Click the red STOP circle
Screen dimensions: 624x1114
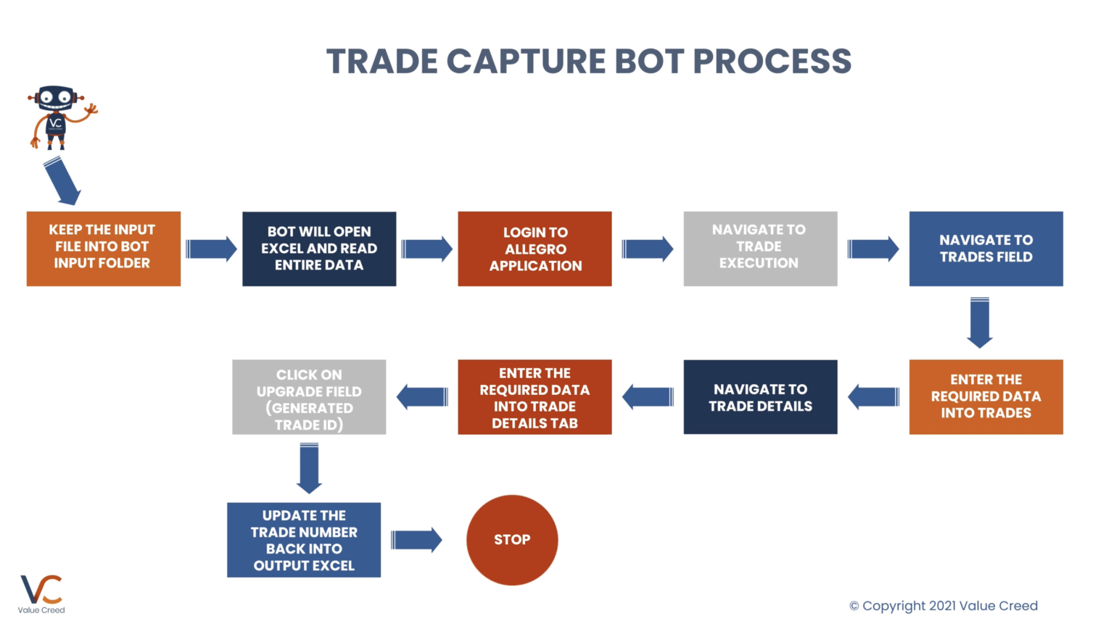click(512, 540)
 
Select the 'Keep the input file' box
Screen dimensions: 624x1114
click(103, 249)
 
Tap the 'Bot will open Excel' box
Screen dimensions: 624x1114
click(319, 249)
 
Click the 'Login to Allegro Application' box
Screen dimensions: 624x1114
click(535, 249)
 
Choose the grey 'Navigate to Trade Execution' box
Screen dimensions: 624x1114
click(760, 249)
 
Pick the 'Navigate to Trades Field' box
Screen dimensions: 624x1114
click(986, 249)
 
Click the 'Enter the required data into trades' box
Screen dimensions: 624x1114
click(986, 396)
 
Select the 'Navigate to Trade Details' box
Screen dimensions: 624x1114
click(760, 396)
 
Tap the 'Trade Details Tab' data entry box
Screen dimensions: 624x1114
click(535, 396)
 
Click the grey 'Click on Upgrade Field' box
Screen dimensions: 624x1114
click(309, 396)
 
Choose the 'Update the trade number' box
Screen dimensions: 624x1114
click(304, 540)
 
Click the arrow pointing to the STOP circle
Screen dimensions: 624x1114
click(416, 540)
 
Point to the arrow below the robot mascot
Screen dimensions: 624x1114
click(62, 180)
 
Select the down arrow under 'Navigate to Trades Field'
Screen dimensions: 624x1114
click(980, 322)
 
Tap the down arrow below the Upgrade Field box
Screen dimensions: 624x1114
click(309, 467)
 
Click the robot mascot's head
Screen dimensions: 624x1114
click(56, 97)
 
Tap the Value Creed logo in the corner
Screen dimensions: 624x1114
click(41, 594)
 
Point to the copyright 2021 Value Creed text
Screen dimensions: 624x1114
click(943, 606)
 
